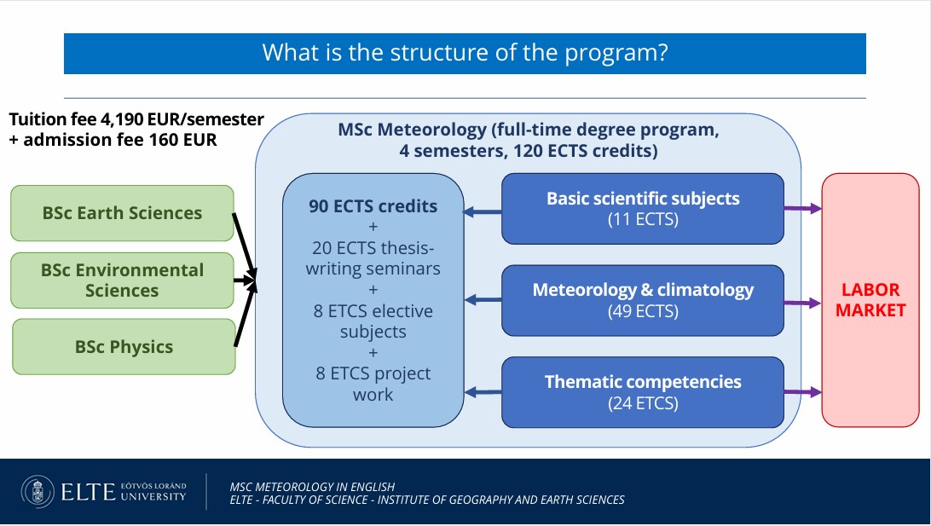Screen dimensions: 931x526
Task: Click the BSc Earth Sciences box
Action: pyautogui.click(x=122, y=213)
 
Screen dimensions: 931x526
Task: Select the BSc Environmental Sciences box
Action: pyautogui.click(x=122, y=280)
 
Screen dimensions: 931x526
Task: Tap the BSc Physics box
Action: pyautogui.click(x=124, y=347)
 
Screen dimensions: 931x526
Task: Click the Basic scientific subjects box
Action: pyautogui.click(x=643, y=208)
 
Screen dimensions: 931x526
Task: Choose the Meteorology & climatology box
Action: pyautogui.click(x=643, y=300)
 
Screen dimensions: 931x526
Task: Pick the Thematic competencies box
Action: pyautogui.click(x=643, y=392)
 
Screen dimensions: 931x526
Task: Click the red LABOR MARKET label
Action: pyautogui.click(x=870, y=300)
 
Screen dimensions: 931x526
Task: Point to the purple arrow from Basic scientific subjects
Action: pyautogui.click(x=803, y=208)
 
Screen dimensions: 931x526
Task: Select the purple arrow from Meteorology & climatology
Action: pyautogui.click(x=803, y=303)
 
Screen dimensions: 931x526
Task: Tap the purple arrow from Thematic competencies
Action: pyautogui.click(x=803, y=392)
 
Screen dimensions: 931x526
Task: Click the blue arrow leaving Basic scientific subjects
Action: pyautogui.click(x=483, y=211)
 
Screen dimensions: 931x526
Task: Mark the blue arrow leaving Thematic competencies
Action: pyautogui.click(x=483, y=392)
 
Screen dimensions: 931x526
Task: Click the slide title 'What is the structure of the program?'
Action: pyautogui.click(x=465, y=53)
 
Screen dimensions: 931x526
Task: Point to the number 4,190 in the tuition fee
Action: pyautogui.click(x=122, y=119)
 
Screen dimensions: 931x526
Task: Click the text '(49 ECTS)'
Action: pyautogui.click(x=643, y=311)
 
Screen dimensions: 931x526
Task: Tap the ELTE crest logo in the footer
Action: pyautogui.click(x=38, y=492)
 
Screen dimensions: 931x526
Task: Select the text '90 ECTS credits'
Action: pyautogui.click(x=373, y=206)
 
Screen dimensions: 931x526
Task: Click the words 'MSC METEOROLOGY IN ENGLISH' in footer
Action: pyautogui.click(x=312, y=487)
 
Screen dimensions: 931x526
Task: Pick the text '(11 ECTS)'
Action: pyautogui.click(x=643, y=219)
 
